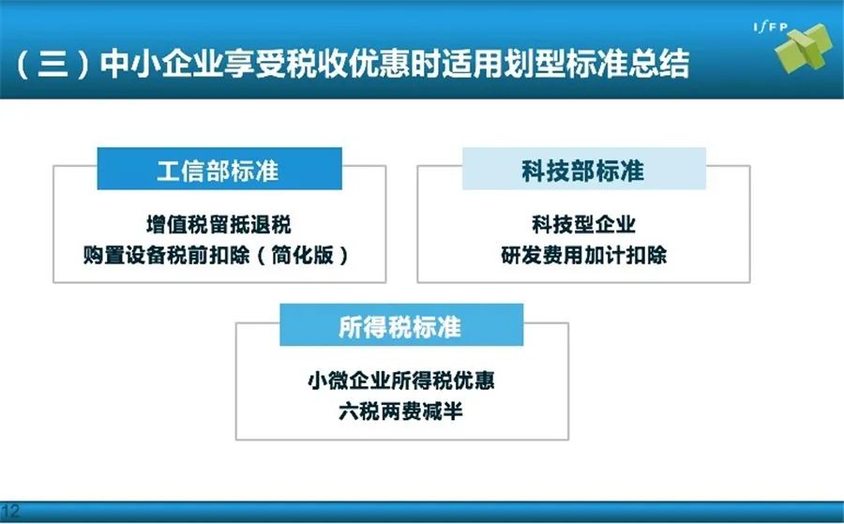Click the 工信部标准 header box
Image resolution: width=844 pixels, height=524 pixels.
click(219, 169)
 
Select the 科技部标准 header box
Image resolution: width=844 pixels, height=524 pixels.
click(584, 169)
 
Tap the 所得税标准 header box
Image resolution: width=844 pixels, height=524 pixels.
click(401, 325)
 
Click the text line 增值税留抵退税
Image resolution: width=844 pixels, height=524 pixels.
click(219, 224)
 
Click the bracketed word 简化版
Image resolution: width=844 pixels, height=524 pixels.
click(303, 255)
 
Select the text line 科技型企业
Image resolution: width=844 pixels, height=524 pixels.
click(584, 224)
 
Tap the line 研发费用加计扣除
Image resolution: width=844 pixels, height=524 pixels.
click(584, 255)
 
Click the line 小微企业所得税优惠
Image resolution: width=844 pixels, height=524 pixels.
click(401, 381)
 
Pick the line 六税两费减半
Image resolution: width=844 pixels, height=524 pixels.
click(401, 412)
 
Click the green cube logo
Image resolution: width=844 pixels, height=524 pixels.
click(805, 49)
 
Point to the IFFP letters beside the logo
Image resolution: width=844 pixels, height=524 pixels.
click(771, 27)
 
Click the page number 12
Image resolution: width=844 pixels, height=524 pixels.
click(10, 511)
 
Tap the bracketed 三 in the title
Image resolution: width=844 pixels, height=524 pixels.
click(53, 64)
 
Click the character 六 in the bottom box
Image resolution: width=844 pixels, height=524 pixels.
click(350, 412)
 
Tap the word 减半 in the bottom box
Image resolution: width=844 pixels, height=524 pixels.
click(443, 412)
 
